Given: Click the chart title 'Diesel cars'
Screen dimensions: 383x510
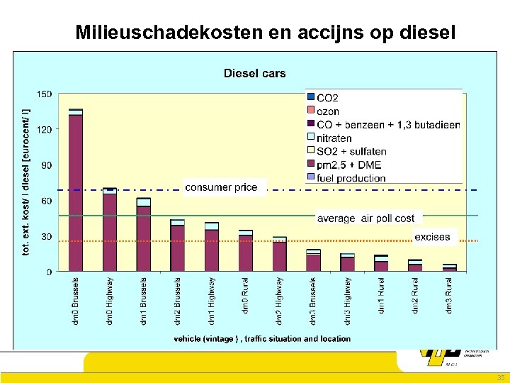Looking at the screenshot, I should tap(254, 73).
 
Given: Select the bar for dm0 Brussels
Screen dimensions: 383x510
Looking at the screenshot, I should tap(76, 190).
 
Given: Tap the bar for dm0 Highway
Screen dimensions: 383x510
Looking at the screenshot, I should tap(110, 230).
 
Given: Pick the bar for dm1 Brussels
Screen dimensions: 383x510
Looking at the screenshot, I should tap(144, 235).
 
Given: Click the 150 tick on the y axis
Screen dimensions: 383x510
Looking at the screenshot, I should tap(45, 94).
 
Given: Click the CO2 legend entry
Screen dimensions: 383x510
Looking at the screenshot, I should tap(327, 98).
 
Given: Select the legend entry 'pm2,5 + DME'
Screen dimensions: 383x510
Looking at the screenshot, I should tap(348, 165).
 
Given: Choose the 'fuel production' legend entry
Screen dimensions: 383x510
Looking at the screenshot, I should tap(351, 178).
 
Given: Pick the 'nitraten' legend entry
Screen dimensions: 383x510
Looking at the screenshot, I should tap(334, 138).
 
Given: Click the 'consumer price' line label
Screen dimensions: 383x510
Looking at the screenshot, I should tap(221, 187).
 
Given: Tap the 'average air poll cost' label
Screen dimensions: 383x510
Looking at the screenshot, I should tap(365, 218).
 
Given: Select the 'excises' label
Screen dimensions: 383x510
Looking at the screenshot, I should tap(432, 237).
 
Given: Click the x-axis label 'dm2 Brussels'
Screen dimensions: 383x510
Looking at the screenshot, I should tap(177, 301).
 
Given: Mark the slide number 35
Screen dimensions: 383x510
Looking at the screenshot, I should tap(501, 377).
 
